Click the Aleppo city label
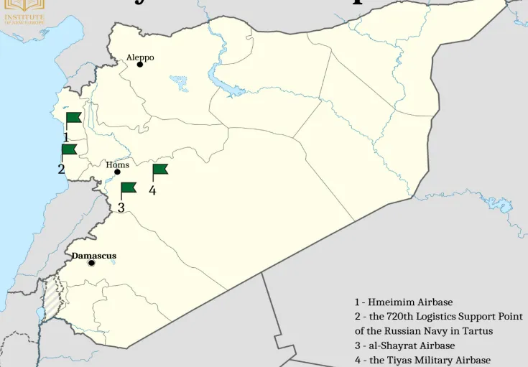coord(140,57)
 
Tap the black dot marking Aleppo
coord(140,65)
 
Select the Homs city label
coord(117,164)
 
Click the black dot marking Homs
coord(117,172)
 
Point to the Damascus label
coord(93,256)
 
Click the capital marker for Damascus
coord(91,263)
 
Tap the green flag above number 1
coord(73,118)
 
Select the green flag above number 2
coord(69,149)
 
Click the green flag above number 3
coord(128,188)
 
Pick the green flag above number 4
coord(159,169)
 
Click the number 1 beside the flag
coord(65,136)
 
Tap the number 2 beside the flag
coord(62,169)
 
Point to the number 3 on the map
coord(121,208)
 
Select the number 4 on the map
coord(152,190)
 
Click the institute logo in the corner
coord(24,11)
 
